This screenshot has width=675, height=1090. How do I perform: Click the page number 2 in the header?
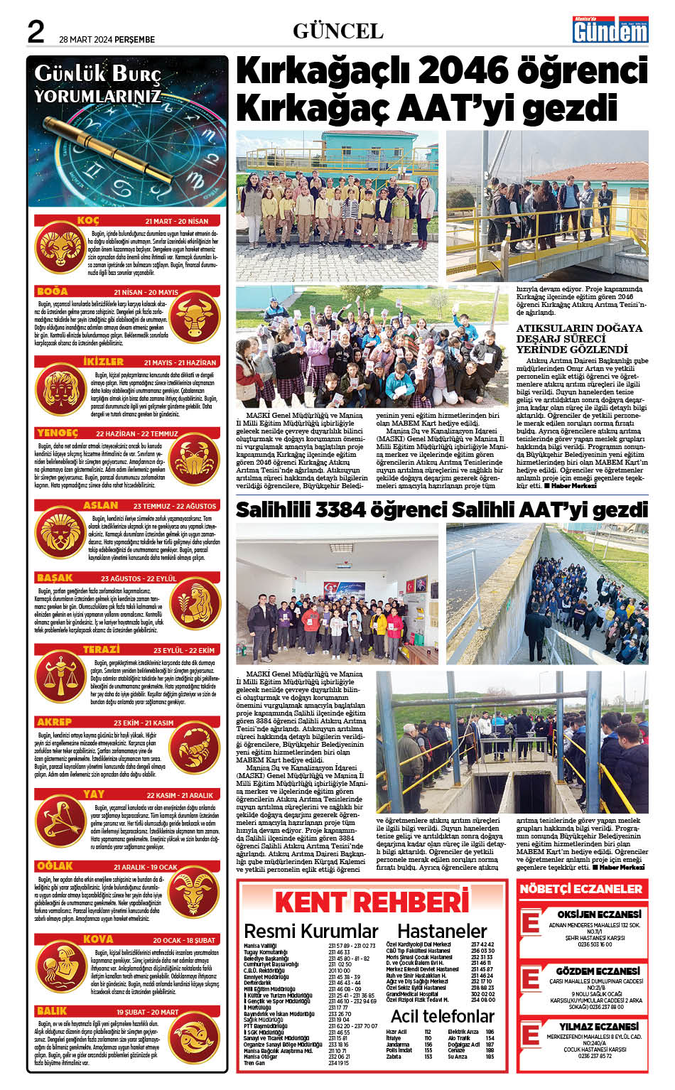36,31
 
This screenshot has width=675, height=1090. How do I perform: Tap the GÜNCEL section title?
337,31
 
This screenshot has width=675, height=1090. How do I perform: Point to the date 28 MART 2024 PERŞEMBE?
107,39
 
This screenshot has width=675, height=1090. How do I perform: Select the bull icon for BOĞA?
195,316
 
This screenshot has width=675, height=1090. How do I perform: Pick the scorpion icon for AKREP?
195,746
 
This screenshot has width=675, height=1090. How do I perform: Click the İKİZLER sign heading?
103,362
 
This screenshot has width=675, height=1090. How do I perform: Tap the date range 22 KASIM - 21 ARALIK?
180,795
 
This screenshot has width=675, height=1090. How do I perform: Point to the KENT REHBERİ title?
372,902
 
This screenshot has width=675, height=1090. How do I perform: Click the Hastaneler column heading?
442,931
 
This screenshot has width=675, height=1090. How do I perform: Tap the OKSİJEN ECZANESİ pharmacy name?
599,914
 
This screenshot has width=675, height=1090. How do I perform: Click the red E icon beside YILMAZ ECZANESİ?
530,1034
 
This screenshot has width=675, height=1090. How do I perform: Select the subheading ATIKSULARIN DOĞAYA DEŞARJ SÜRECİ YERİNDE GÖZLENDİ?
579,338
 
